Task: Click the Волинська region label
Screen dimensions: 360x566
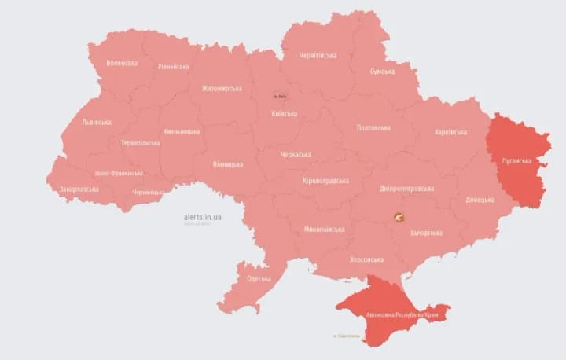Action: point(122,63)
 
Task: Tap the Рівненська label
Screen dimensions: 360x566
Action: point(173,67)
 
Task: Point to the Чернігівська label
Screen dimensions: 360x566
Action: point(318,55)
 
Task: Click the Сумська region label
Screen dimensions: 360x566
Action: point(388,72)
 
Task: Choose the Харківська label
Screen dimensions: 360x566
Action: point(450,132)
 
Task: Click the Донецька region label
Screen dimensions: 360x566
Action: point(480,200)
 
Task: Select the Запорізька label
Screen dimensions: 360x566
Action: point(426,233)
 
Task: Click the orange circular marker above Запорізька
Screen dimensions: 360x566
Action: point(399,217)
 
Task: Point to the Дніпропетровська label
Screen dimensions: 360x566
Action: point(406,189)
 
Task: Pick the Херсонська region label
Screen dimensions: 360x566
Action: point(366,259)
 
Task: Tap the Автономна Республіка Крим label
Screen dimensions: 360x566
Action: point(402,314)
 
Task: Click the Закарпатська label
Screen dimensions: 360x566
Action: point(79,189)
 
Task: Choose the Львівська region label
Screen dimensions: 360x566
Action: point(97,122)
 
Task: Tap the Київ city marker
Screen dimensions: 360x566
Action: point(280,96)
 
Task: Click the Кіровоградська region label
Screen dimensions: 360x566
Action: point(325,181)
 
